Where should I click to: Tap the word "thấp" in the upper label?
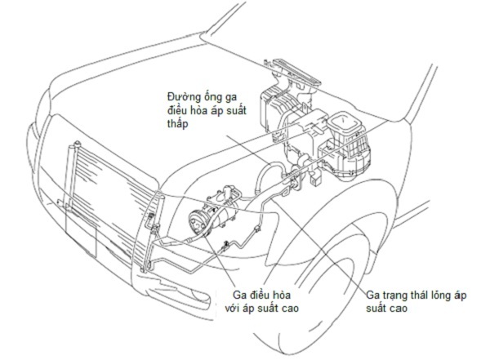pos(177,124)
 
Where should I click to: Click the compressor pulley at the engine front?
pos(198,223)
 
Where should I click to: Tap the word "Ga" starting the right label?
pos(372,295)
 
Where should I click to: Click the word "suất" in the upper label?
pos(237,110)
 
